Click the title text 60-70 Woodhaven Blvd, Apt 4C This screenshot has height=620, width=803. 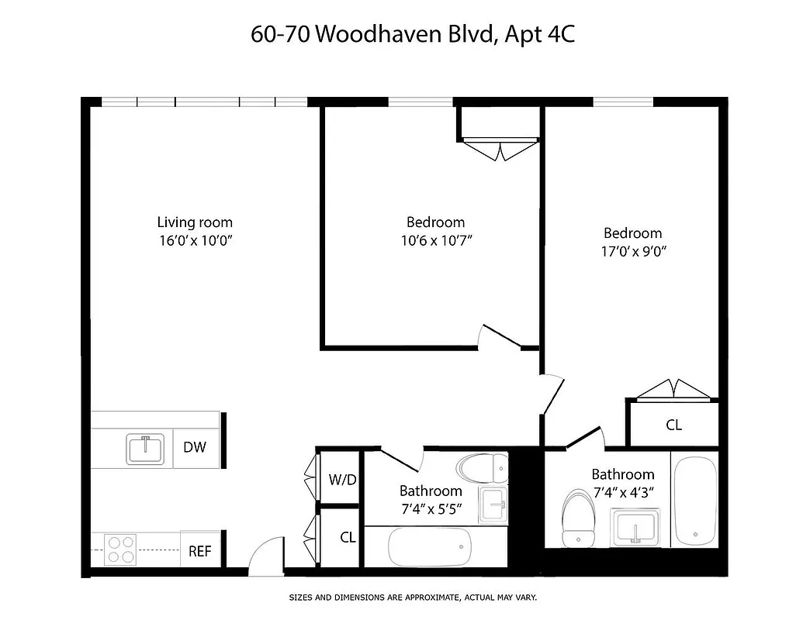(x=412, y=34)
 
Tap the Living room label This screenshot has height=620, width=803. (x=195, y=222)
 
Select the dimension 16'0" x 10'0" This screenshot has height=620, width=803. (x=196, y=240)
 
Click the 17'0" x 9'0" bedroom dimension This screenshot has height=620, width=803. (x=633, y=251)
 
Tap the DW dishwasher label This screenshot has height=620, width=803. (x=194, y=447)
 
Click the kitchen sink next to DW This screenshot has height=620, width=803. (x=145, y=449)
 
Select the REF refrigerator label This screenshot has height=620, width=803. (x=199, y=552)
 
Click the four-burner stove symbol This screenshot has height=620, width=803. (x=120, y=549)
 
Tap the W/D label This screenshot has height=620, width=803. (x=342, y=480)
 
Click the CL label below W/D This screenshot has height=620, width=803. (x=348, y=536)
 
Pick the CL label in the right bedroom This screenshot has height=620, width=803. (x=673, y=425)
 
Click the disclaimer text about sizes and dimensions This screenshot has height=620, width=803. (x=413, y=598)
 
